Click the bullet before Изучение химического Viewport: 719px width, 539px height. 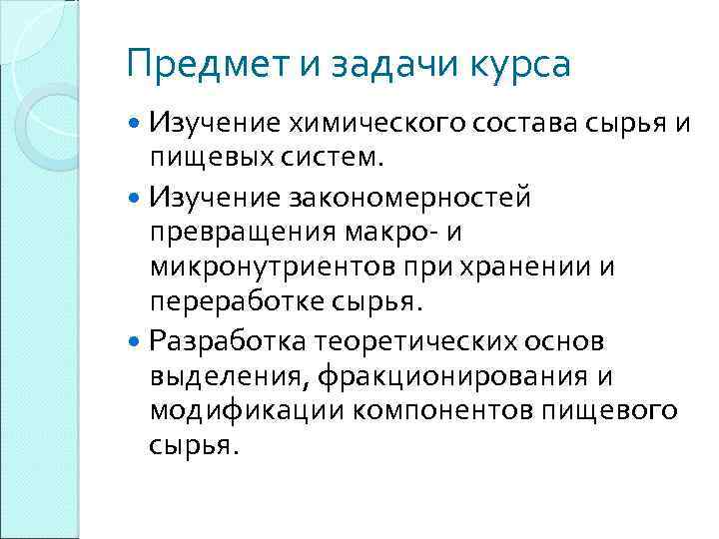point(136,123)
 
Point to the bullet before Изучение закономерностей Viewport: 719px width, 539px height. point(136,198)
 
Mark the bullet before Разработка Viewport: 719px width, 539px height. point(136,342)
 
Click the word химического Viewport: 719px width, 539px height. point(354,124)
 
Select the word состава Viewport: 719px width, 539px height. point(507,124)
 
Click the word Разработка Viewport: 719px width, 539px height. point(228,342)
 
